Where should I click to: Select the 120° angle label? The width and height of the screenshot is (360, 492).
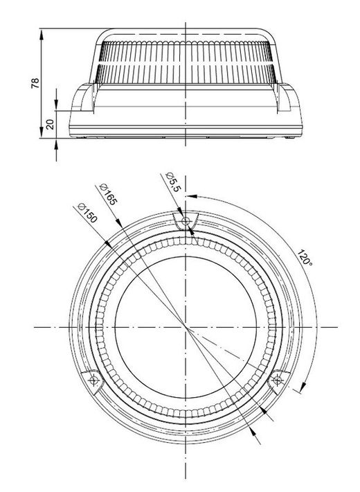click(x=303, y=260)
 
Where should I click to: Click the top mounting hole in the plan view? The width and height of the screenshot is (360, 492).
click(x=185, y=222)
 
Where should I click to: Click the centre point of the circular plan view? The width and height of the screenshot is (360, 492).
click(x=186, y=326)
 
